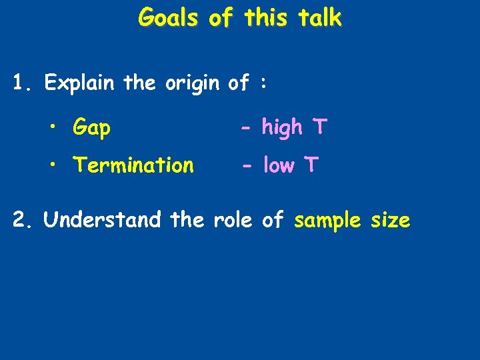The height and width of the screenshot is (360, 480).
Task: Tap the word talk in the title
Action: tap(317, 18)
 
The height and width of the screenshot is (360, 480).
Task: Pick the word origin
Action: tap(191, 84)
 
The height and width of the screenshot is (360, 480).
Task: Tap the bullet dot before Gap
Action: tap(55, 127)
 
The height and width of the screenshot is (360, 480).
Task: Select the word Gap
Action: tap(92, 127)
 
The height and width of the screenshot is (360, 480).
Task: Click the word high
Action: tap(282, 127)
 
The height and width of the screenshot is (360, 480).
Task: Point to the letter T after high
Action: tap(320, 126)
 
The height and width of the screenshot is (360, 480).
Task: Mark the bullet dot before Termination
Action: tap(55, 165)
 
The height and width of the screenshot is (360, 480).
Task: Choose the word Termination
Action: tap(133, 164)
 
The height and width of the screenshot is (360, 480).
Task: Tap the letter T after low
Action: tap(313, 164)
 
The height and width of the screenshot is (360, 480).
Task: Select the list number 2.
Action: tap(23, 219)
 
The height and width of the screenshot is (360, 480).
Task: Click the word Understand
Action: tap(102, 219)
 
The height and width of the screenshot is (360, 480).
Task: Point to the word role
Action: tap(233, 219)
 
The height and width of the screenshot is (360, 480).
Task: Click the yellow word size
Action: tap(390, 219)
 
